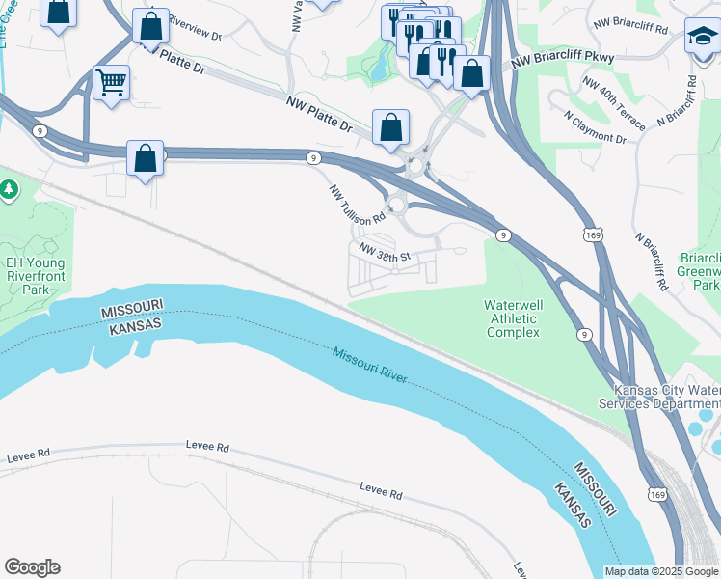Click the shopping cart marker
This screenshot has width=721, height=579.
[112, 83]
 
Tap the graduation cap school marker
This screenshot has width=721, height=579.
[702, 38]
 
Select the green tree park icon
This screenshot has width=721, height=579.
[10, 189]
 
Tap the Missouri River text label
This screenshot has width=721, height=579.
[370, 365]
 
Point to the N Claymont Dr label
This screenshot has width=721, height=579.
[595, 130]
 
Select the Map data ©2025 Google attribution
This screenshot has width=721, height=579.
[661, 571]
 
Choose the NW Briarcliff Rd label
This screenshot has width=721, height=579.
[630, 26]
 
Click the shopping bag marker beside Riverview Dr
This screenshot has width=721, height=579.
[150, 26]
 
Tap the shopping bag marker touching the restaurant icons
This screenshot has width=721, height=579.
[471, 73]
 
